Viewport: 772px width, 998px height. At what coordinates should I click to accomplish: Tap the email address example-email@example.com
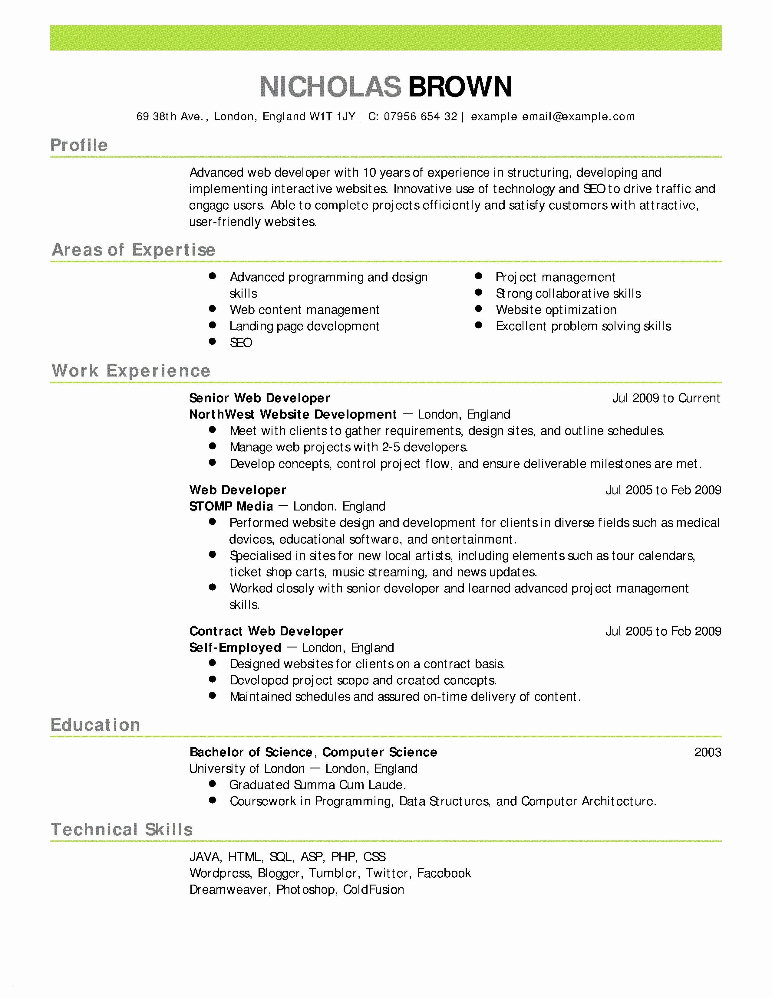pyautogui.click(x=553, y=116)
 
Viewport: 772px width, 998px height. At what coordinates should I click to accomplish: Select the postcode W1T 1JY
pyautogui.click(x=332, y=116)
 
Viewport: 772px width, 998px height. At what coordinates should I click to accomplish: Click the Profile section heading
pyautogui.click(x=79, y=145)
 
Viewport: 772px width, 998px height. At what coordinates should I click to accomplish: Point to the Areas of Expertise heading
pyautogui.click(x=134, y=250)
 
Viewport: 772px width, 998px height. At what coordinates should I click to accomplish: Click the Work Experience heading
pyautogui.click(x=131, y=370)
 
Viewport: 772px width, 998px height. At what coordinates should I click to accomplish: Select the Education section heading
pyautogui.click(x=95, y=725)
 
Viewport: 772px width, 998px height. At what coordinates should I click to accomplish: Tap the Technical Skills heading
pyautogui.click(x=122, y=829)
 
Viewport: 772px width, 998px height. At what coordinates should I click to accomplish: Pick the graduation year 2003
pyautogui.click(x=708, y=752)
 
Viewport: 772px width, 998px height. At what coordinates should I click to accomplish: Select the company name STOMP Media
pyautogui.click(x=231, y=506)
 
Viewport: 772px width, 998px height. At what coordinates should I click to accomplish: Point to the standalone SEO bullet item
pyautogui.click(x=241, y=343)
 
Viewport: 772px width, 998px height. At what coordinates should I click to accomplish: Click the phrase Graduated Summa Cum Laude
pyautogui.click(x=317, y=785)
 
